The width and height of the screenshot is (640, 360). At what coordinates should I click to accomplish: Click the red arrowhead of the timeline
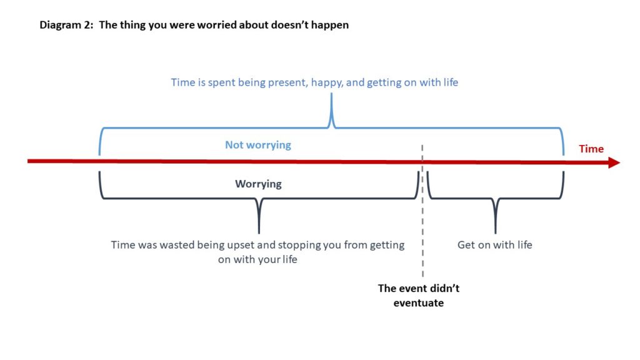point(614,162)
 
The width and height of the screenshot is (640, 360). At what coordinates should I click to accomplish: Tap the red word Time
point(591,149)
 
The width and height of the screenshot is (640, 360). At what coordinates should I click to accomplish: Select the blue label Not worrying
point(258,145)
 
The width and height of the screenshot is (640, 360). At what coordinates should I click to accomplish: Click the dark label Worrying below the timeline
point(258,184)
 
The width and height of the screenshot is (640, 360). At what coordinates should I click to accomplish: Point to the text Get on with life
point(495,245)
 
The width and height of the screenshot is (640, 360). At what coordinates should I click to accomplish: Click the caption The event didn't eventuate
point(419,296)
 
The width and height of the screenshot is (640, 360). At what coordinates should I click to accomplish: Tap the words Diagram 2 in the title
point(66,25)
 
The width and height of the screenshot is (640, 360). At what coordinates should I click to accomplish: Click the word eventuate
point(419,303)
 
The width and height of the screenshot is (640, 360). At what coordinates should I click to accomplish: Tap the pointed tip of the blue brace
point(331,94)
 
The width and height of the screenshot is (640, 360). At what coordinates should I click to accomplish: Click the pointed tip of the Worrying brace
point(259,232)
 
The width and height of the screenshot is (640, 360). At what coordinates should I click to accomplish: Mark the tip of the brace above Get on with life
point(496,232)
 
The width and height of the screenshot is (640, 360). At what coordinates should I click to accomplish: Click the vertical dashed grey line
point(422,211)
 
